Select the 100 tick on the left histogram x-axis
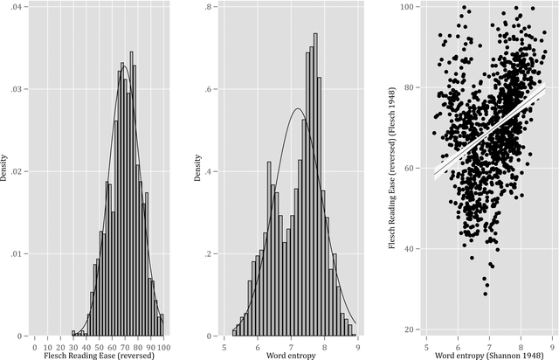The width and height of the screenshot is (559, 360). [162, 343]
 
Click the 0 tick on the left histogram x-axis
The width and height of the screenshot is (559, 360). [33, 343]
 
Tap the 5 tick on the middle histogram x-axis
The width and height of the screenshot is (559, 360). [226, 343]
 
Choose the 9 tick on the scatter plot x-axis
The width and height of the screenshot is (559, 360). [552, 343]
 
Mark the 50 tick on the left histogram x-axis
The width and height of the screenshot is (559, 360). [98, 343]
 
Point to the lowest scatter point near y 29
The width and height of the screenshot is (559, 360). [486, 293]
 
